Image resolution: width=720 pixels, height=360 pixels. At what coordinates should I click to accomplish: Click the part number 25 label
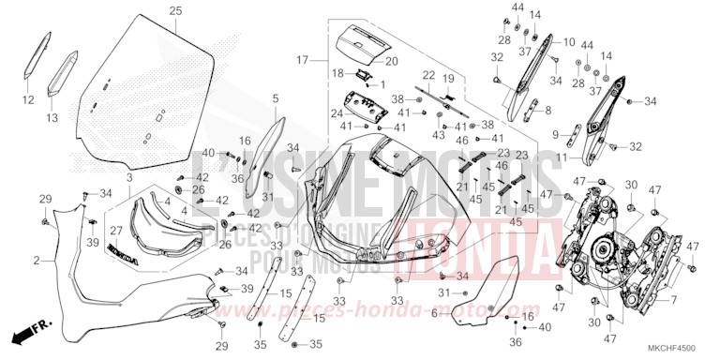(x=174, y=10)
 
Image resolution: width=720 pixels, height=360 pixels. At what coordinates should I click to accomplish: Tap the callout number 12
(x=28, y=98)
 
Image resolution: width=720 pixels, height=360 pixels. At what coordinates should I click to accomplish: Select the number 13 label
(x=52, y=117)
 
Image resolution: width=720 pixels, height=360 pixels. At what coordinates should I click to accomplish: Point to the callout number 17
(x=302, y=60)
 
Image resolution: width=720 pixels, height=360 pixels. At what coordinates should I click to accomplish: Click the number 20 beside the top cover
(x=392, y=61)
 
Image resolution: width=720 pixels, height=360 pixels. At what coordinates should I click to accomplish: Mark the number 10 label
(x=569, y=42)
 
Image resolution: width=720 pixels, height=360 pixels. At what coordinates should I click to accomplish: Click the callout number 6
(x=433, y=313)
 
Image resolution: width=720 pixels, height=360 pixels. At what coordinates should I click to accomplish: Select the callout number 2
(x=37, y=259)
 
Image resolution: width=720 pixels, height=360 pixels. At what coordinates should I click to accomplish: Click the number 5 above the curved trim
(x=276, y=97)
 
